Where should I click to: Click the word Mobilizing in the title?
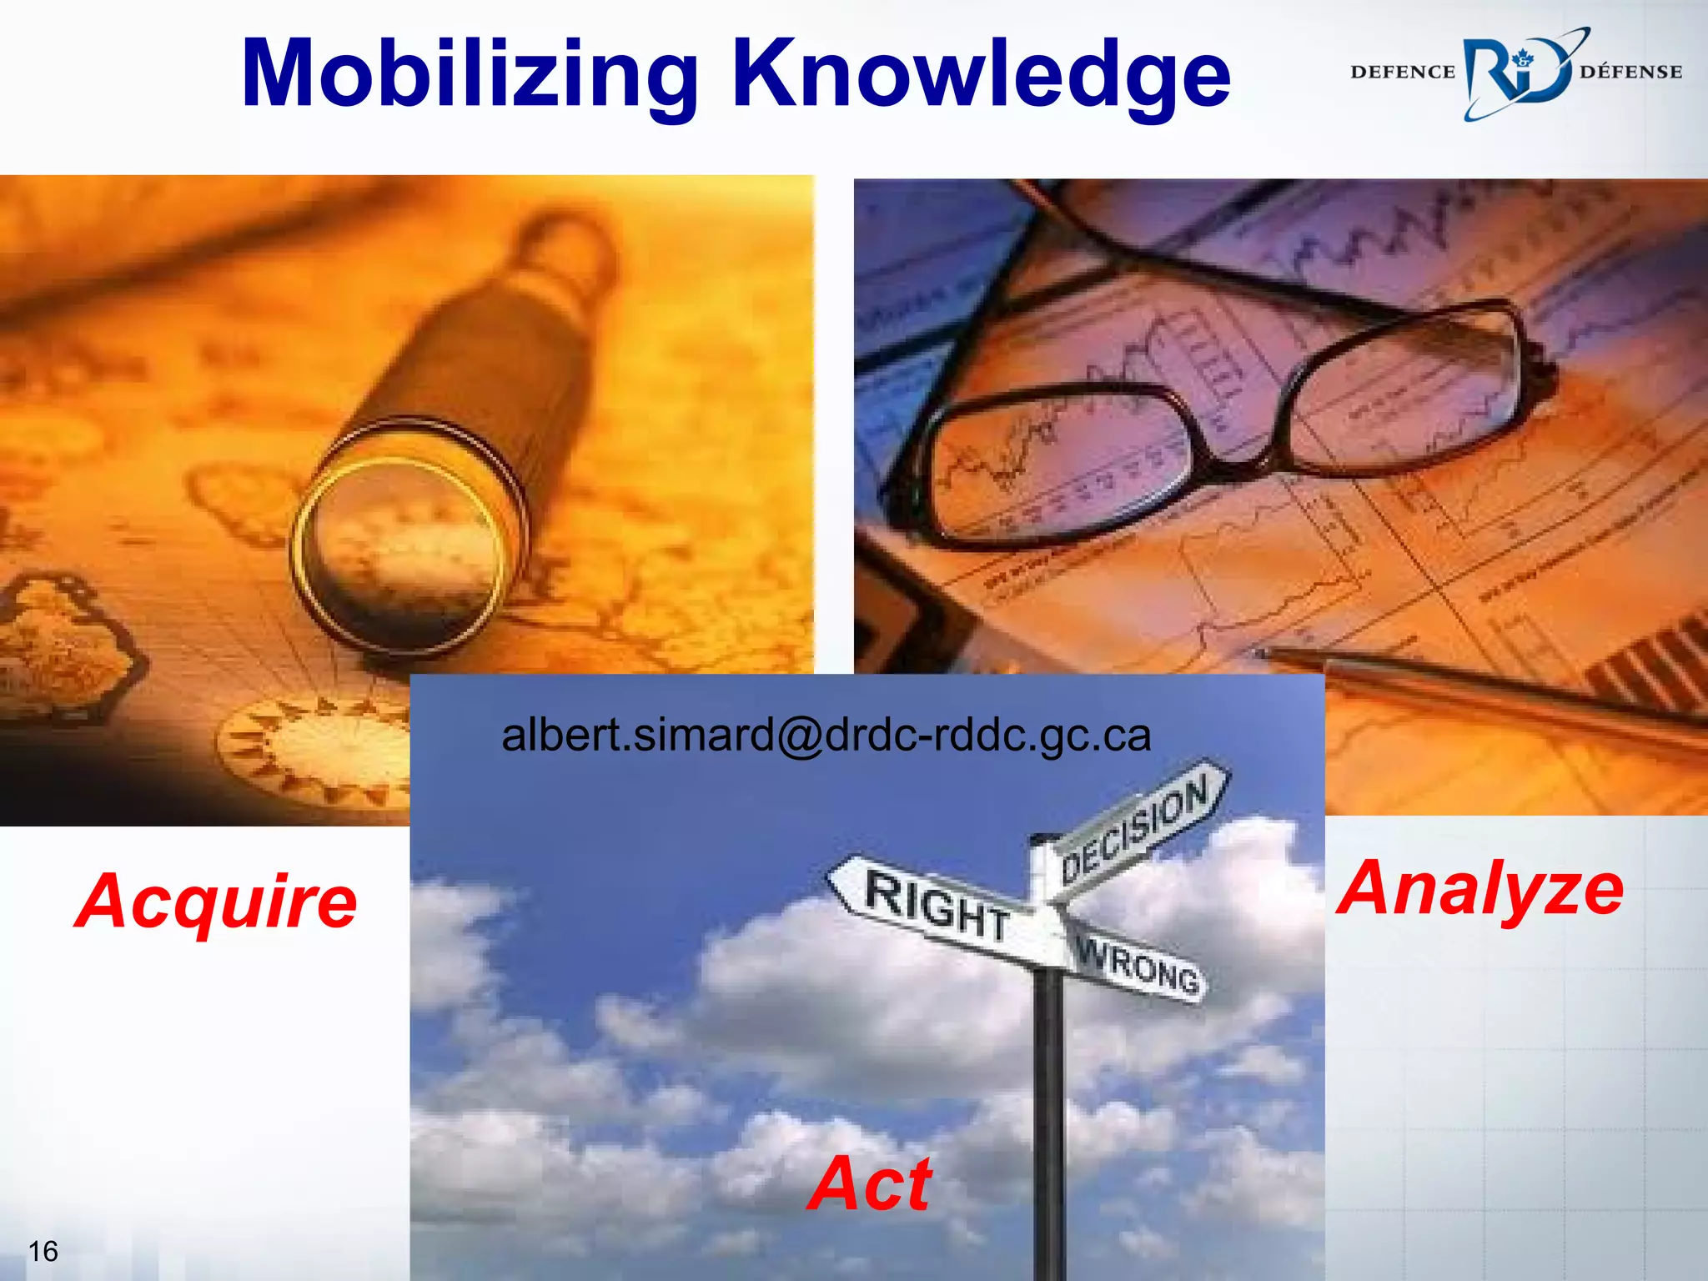coord(469,75)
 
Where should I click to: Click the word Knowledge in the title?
coord(981,75)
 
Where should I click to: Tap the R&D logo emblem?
coord(1516,73)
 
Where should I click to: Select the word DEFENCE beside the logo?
coord(1402,73)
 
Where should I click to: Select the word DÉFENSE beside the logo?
coord(1630,73)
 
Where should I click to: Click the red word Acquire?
coord(217,902)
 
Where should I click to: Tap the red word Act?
coord(870,1184)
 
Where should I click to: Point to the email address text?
coord(826,736)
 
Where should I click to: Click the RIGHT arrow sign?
coord(934,905)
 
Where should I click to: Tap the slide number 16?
coord(43,1251)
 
